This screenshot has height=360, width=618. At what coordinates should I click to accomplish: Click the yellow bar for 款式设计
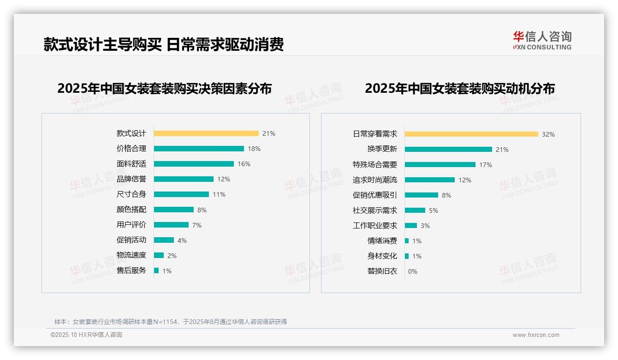pyautogui.click(x=206, y=133)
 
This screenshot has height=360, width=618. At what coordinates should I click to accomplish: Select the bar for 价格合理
pyautogui.click(x=199, y=149)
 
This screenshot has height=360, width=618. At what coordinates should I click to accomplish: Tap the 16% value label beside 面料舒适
pyautogui.click(x=244, y=164)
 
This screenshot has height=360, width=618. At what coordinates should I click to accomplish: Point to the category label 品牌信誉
pyautogui.click(x=131, y=179)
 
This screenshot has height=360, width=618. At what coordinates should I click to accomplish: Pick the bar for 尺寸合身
pyautogui.click(x=181, y=194)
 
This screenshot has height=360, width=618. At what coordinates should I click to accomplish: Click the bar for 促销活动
pyautogui.click(x=164, y=240)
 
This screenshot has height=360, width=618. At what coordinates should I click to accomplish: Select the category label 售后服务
pyautogui.click(x=131, y=270)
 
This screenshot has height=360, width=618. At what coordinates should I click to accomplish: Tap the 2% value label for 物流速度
pyautogui.click(x=172, y=255)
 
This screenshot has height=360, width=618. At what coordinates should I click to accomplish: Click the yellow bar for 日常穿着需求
pyautogui.click(x=471, y=134)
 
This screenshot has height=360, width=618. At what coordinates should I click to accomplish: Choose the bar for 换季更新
pyautogui.click(x=448, y=150)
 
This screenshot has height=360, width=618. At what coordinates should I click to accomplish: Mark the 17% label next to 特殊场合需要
pyautogui.click(x=486, y=165)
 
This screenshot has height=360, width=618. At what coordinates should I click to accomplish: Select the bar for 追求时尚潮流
pyautogui.click(x=430, y=180)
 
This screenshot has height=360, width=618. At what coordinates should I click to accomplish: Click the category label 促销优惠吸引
pyautogui.click(x=375, y=195)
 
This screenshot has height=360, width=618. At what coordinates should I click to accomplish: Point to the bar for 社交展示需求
pyautogui.click(x=415, y=210)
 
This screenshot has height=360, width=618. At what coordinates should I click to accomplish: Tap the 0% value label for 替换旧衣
pyautogui.click(x=413, y=271)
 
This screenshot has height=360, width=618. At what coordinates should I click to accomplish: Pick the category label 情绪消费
pyautogui.click(x=382, y=241)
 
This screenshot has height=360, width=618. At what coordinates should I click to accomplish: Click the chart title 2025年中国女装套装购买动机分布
pyautogui.click(x=459, y=89)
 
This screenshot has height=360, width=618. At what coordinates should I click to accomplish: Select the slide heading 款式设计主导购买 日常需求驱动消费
pyautogui.click(x=163, y=44)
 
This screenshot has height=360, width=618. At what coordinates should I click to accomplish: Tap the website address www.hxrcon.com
pyautogui.click(x=536, y=335)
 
